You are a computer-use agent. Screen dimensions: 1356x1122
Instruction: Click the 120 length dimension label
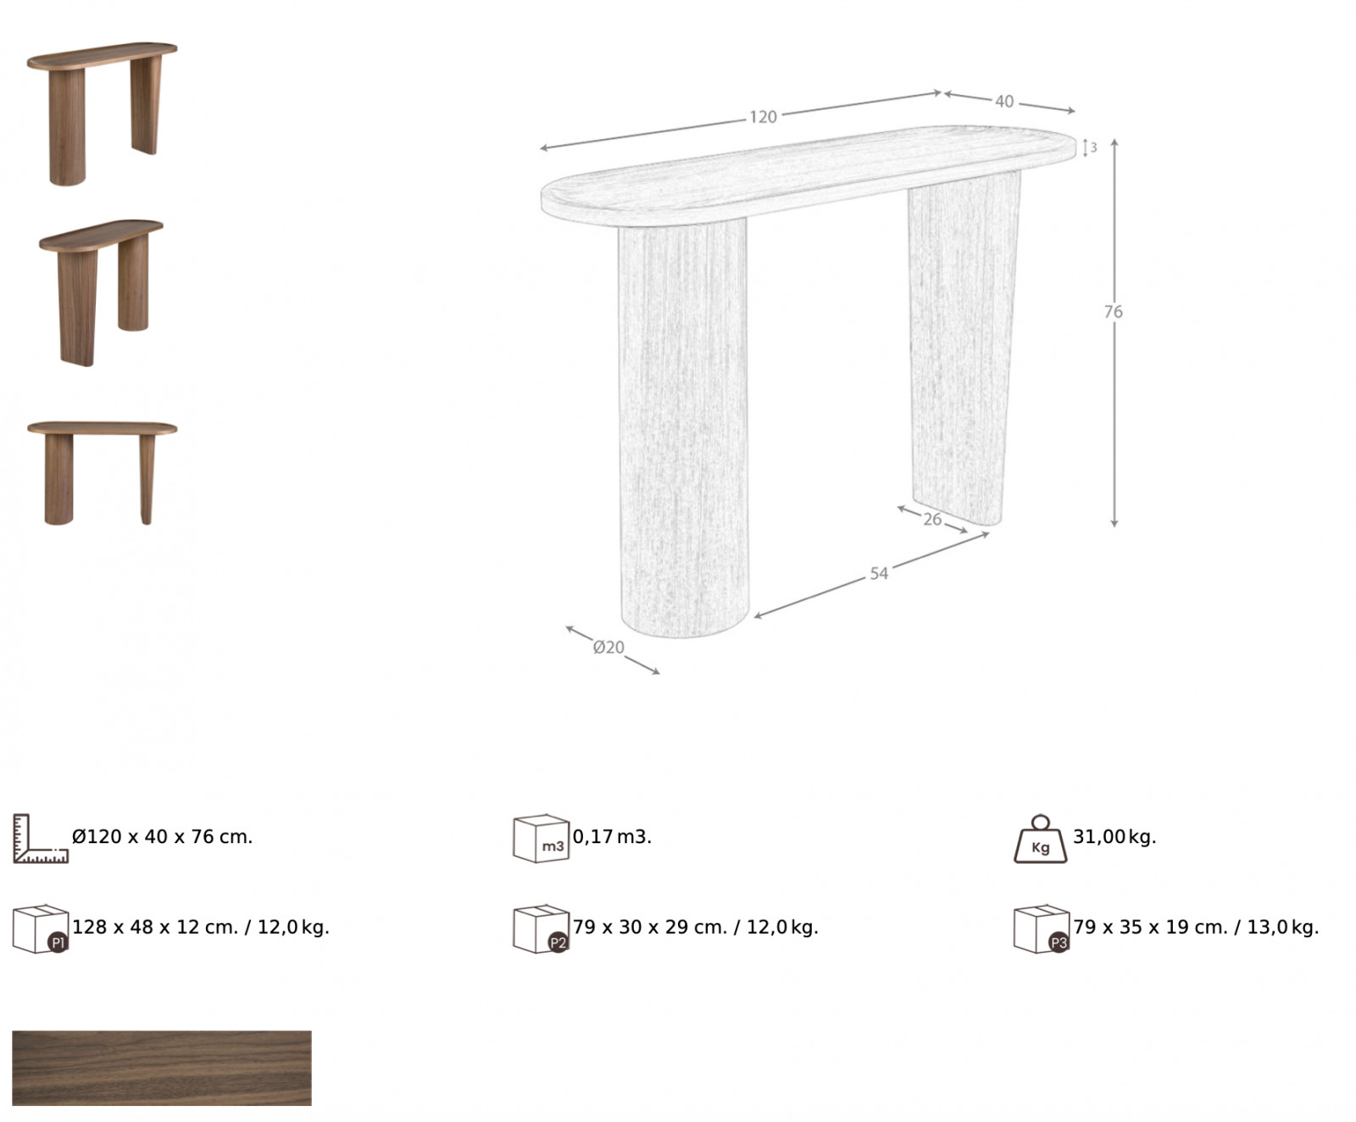coord(763,117)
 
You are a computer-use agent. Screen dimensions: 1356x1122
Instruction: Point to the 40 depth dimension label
coord(1004,102)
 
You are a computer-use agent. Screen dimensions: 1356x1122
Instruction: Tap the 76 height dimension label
coord(1113,312)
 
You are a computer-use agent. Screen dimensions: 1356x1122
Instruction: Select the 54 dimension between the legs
coord(879,574)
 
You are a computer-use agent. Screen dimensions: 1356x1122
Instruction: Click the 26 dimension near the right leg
coord(932,519)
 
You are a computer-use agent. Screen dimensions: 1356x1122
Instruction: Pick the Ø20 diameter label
coord(609,647)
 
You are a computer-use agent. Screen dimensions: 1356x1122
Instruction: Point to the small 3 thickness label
coord(1093,147)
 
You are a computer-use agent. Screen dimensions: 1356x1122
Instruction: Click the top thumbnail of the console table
coord(103,114)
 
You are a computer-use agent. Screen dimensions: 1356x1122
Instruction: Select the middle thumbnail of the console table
coord(101,293)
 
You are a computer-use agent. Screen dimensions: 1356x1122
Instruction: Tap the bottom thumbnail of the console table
coord(103,473)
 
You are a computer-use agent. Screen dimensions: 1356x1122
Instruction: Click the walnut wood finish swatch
coord(162,1068)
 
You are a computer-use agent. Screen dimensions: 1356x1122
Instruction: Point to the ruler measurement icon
coord(40,839)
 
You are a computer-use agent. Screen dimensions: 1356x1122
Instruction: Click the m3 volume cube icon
coord(540,838)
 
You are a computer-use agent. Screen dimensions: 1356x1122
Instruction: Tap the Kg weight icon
coord(1041,839)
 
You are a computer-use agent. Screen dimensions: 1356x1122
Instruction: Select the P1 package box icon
coord(40,929)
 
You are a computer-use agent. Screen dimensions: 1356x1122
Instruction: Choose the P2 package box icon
coord(541,929)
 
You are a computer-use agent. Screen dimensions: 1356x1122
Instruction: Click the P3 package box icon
coord(1042,929)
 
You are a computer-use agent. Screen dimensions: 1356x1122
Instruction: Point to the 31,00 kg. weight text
coord(1114,837)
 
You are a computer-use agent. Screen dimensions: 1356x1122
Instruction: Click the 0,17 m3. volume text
coord(612,837)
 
